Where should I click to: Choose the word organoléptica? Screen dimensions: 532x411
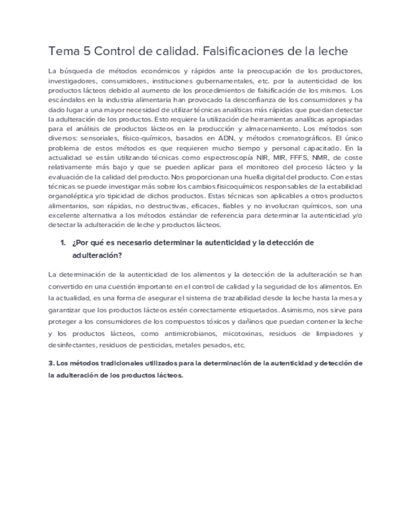pos(74,196)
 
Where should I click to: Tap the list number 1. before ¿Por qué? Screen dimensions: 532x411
pos(63,243)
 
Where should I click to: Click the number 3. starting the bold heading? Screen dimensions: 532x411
pos(51,363)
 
